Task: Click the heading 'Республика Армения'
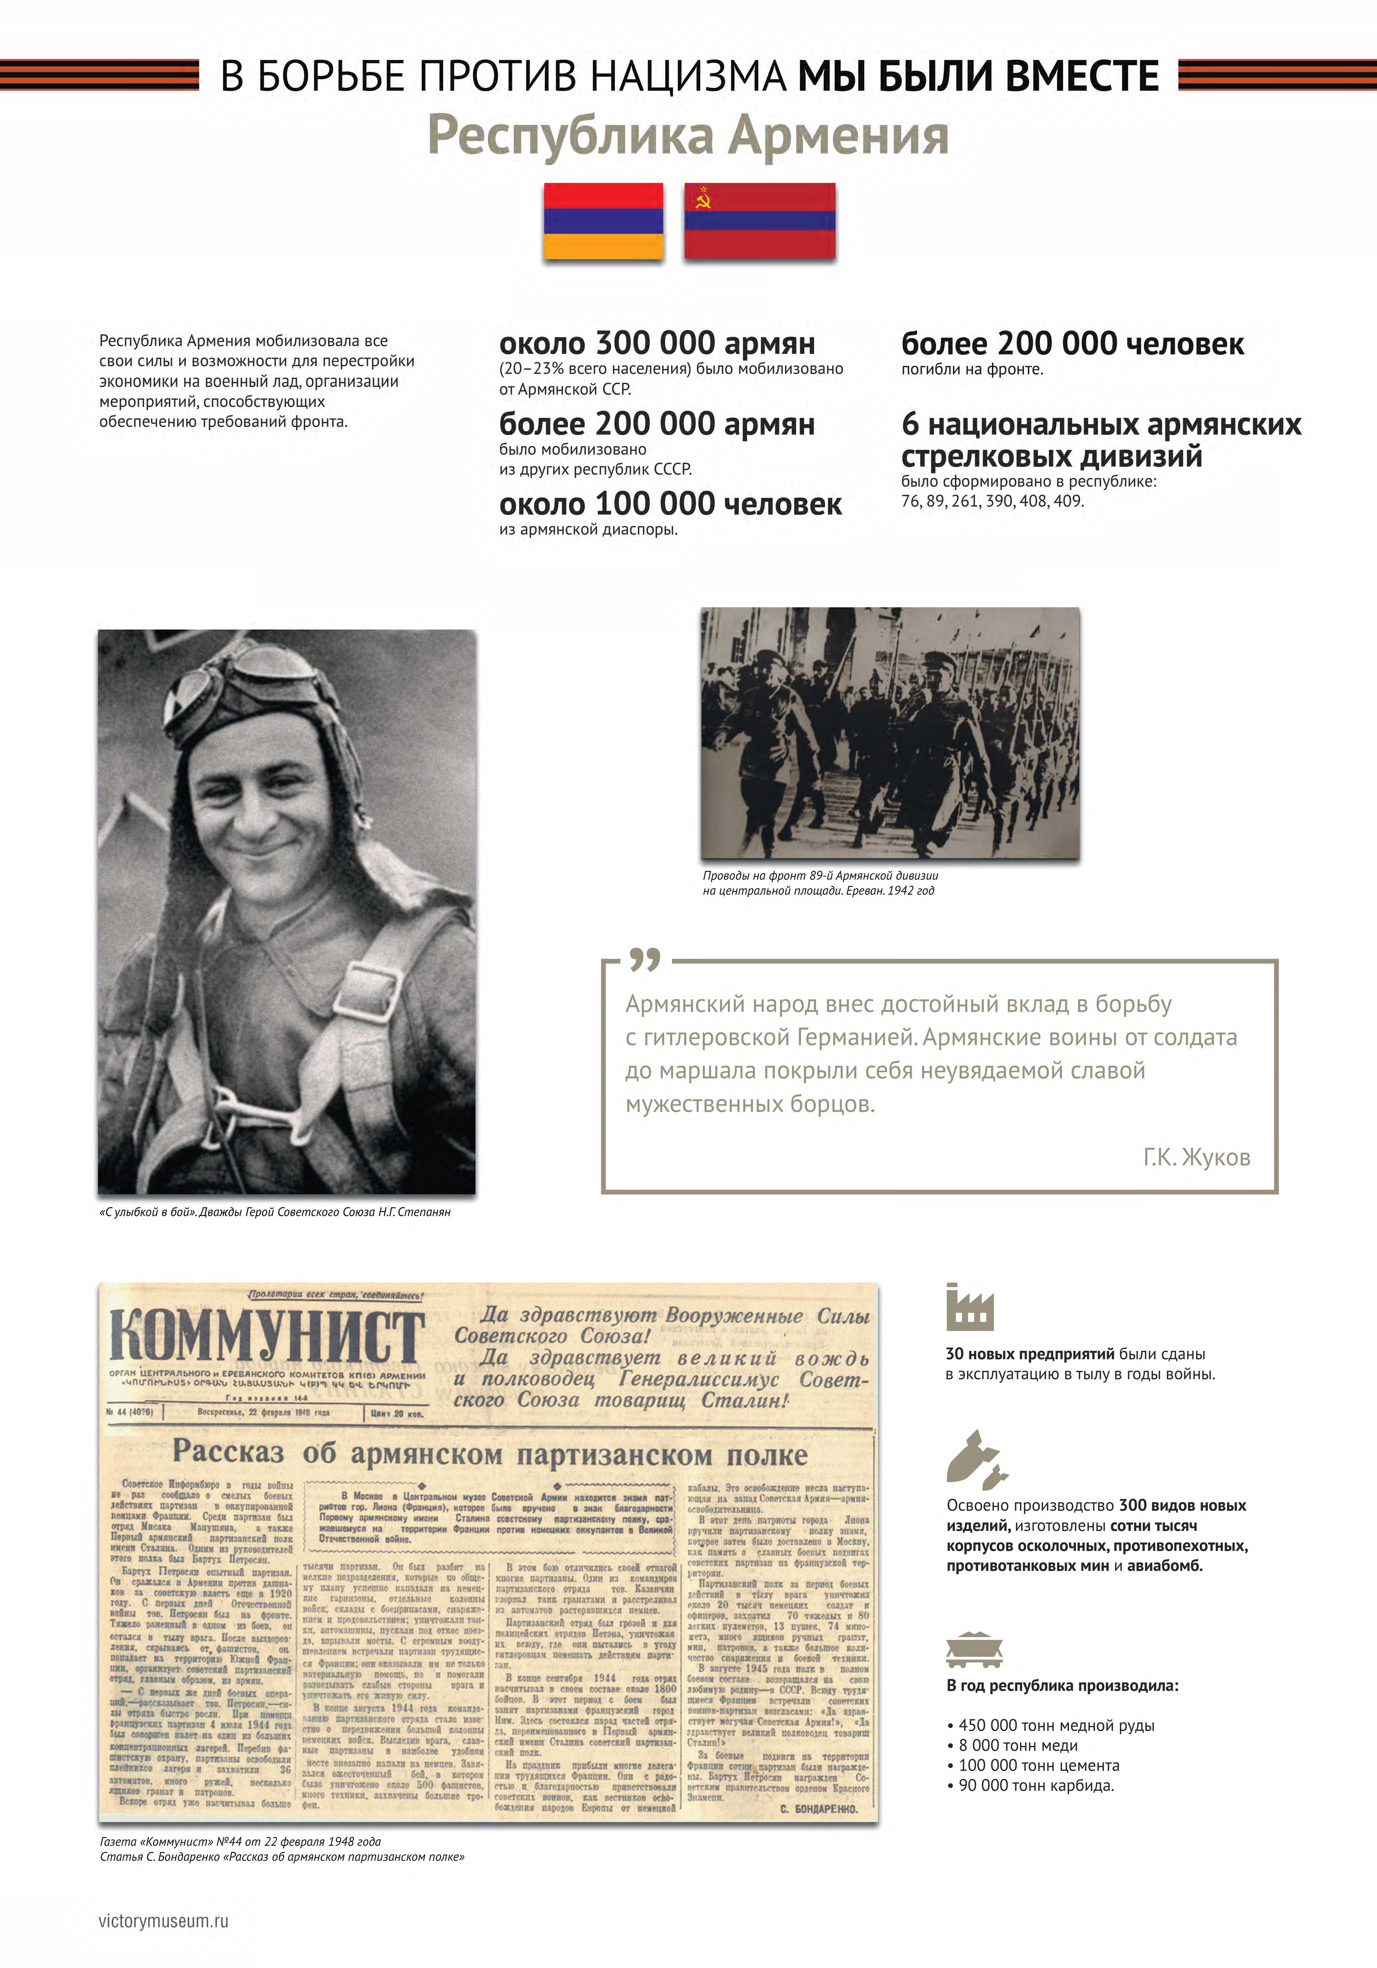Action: click(x=688, y=135)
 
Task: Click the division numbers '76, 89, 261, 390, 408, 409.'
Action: click(x=992, y=501)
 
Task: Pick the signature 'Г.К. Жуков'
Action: click(x=1196, y=1157)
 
